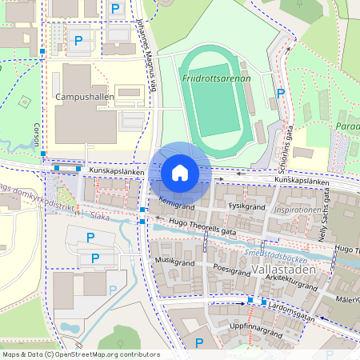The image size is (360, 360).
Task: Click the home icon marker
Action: [x=179, y=173]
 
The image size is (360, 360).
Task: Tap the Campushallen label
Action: [x=85, y=97]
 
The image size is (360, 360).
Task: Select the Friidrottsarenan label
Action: [x=216, y=79]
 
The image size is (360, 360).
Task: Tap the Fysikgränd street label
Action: [x=246, y=205]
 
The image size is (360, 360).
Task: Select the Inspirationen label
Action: [x=298, y=210]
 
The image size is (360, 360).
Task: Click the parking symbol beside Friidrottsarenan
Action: [x=280, y=94]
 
